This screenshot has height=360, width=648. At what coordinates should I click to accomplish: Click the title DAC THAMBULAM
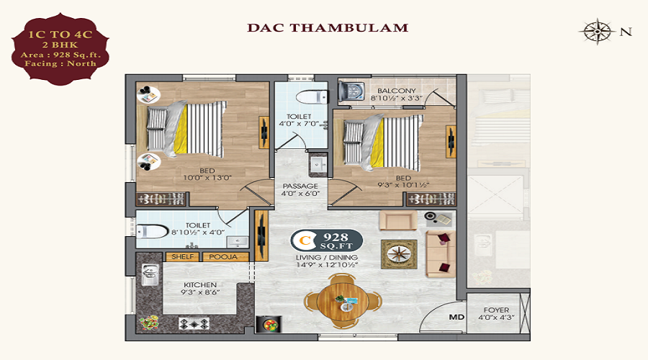pyautogui.click(x=328, y=27)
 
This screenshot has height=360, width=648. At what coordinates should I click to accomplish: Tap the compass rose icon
pyautogui.click(x=598, y=32)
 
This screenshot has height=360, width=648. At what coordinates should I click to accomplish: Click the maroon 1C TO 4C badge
pyautogui.click(x=60, y=49)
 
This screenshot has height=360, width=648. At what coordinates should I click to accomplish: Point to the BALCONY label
pyautogui.click(x=396, y=91)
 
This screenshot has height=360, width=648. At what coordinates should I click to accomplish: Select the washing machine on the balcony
pyautogui.click(x=351, y=91)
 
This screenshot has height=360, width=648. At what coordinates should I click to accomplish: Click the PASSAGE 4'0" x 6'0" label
pyautogui.click(x=300, y=189)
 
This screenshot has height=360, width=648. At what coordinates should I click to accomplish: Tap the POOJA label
pyautogui.click(x=223, y=256)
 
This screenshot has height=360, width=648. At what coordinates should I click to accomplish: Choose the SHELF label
pyautogui.click(x=182, y=256)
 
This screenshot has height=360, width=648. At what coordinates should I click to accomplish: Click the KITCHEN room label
pyautogui.click(x=200, y=285)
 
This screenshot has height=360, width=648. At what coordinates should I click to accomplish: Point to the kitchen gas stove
pyautogui.click(x=194, y=323)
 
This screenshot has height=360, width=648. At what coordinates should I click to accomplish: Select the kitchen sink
pyautogui.click(x=150, y=274)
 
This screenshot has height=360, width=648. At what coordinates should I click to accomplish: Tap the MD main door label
pyautogui.click(x=456, y=318)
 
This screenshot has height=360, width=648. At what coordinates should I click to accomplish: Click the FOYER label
pyautogui.click(x=496, y=310)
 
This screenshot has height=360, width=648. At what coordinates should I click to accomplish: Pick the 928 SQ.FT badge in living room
pyautogui.click(x=327, y=240)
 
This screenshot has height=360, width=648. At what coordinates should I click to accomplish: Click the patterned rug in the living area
pyautogui.click(x=399, y=254)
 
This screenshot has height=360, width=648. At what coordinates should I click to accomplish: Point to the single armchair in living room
pyautogui.click(x=398, y=220)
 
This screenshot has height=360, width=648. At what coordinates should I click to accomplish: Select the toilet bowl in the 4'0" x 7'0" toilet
pyautogui.click(x=312, y=97)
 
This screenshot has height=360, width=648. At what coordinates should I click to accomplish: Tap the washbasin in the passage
pyautogui.click(x=318, y=165)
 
